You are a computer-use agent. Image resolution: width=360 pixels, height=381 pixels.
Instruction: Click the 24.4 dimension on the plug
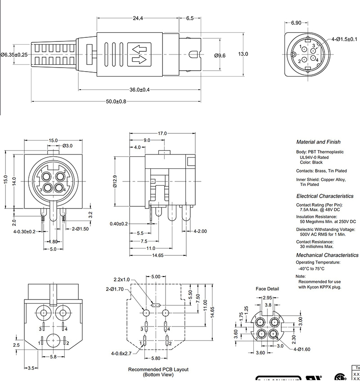tap(137, 18)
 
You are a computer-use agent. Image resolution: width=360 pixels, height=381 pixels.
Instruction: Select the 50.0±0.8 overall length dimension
tap(116, 101)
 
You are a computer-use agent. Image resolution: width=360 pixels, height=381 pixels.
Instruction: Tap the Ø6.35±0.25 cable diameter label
tap(14, 54)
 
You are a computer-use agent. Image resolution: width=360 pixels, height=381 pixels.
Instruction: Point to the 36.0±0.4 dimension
tap(139, 90)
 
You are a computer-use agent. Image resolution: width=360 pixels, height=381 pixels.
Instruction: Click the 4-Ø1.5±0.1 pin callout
tap(344, 39)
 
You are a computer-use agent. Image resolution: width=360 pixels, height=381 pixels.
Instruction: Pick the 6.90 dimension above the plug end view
tap(296, 23)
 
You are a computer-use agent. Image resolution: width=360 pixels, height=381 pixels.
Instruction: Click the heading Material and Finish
tap(318, 142)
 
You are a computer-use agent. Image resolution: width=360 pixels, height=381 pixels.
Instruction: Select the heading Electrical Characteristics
tap(325, 196)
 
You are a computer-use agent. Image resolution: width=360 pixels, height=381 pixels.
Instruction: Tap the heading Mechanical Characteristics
tap(327, 255)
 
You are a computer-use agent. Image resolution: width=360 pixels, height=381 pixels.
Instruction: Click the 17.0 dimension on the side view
tap(162, 133)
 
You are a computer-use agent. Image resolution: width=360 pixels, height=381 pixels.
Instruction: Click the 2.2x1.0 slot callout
tap(121, 279)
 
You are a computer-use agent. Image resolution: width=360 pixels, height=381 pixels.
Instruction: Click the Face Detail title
tap(267, 289)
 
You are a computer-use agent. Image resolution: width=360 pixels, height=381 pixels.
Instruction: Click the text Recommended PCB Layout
tap(158, 369)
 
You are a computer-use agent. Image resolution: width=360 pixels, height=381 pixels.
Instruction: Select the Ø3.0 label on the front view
tap(67, 145)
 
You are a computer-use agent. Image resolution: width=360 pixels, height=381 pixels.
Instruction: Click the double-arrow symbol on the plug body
tap(140, 54)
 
